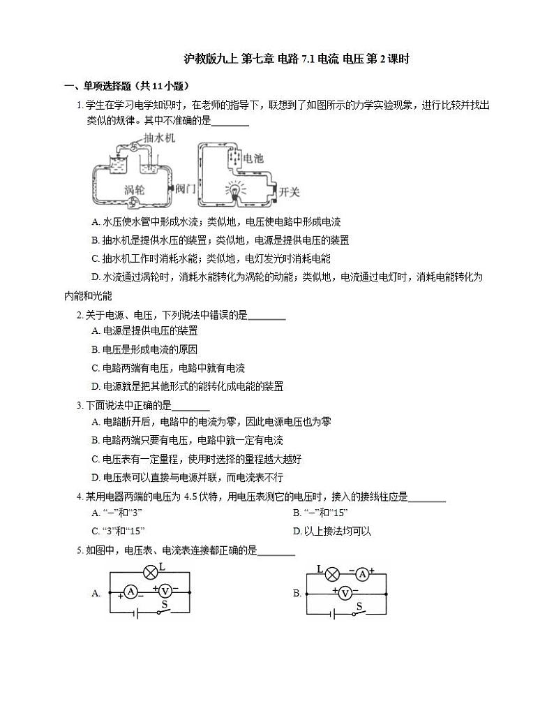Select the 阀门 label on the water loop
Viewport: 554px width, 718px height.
click(186, 189)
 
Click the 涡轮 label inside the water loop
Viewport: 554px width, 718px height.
click(135, 189)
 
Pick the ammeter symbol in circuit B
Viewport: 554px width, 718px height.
click(361, 574)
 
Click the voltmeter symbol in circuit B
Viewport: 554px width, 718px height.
click(343, 593)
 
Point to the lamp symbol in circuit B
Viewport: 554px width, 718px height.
click(333, 574)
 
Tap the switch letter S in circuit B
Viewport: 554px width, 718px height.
click(359, 606)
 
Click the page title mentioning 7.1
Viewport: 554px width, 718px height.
click(296, 59)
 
